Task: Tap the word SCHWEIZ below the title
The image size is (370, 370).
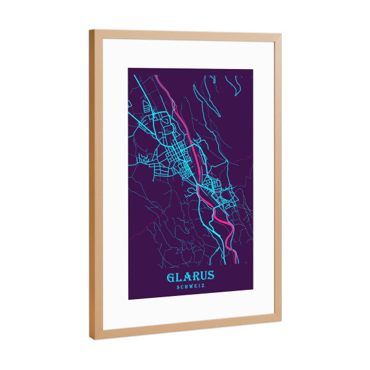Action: click(x=191, y=286)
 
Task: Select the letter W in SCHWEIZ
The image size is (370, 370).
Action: click(x=191, y=286)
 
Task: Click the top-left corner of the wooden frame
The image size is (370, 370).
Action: click(x=90, y=30)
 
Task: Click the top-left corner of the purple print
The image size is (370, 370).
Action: click(x=128, y=67)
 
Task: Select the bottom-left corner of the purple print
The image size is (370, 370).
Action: click(x=128, y=300)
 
